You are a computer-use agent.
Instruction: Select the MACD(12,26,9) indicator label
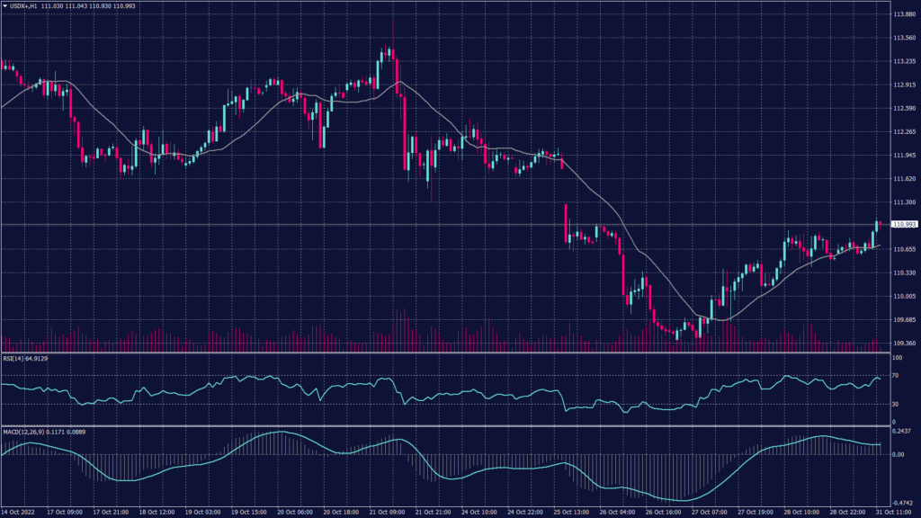point(22,432)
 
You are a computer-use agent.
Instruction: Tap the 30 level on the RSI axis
point(895,404)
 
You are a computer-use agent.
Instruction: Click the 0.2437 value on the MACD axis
point(901,432)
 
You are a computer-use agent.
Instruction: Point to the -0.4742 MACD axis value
point(901,504)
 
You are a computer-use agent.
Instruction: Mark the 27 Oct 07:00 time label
point(711,513)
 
